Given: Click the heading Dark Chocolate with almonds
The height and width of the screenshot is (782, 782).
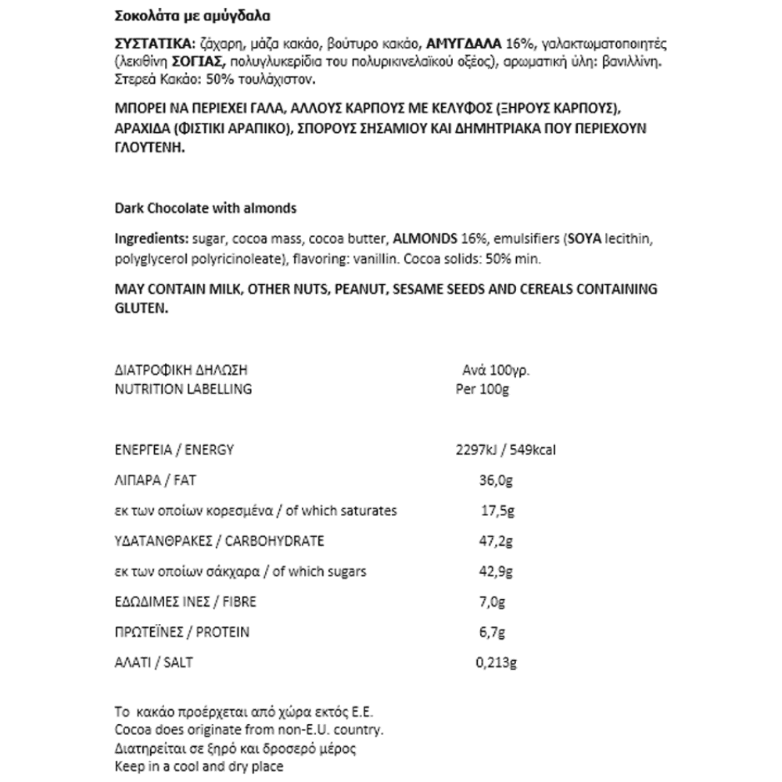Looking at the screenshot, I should (206, 209).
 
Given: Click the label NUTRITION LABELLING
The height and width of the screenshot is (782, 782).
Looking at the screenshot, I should (183, 389).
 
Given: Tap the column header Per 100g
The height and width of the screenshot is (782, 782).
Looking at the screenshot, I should (482, 389).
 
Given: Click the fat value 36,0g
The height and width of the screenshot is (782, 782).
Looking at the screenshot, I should (494, 480).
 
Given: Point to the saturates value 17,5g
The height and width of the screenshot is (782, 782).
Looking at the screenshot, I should (497, 511).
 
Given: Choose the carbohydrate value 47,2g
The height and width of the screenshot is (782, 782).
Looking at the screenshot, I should (495, 541).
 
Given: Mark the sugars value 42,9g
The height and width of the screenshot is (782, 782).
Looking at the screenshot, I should (495, 572).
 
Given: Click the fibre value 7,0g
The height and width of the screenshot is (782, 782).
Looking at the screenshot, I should (492, 602).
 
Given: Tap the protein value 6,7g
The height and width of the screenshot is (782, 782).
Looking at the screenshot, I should (491, 633).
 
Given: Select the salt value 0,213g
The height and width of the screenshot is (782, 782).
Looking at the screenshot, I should (496, 663).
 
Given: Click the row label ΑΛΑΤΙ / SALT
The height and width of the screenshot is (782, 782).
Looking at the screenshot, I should (153, 663).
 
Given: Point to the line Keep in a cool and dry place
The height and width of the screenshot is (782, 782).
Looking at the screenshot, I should (199, 767).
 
